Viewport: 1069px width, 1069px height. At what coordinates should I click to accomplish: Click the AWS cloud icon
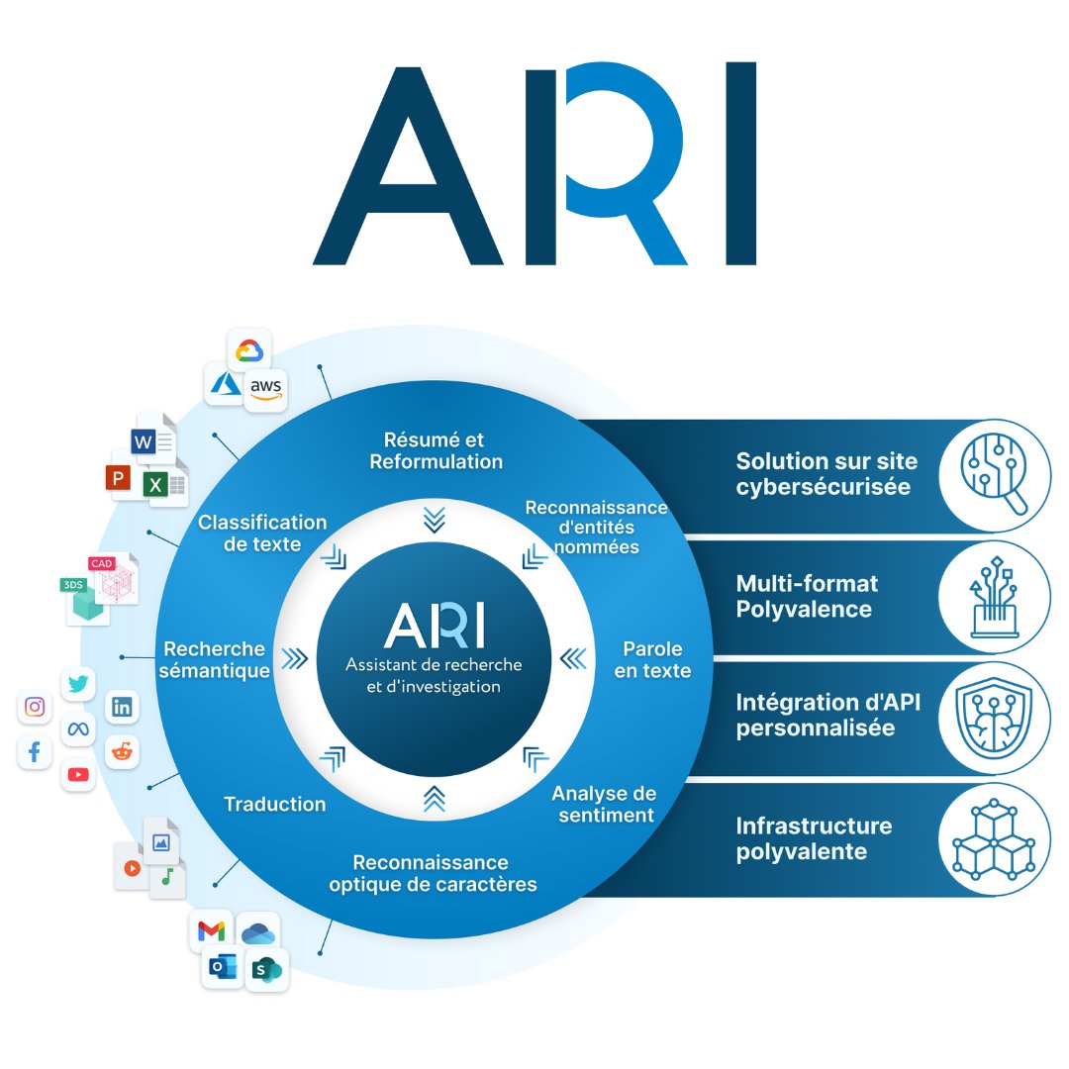(x=265, y=388)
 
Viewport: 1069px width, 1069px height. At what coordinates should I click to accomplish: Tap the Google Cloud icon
(x=248, y=351)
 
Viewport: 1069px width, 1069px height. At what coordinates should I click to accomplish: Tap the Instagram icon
(x=35, y=707)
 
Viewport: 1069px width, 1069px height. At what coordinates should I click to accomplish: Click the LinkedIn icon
(x=122, y=707)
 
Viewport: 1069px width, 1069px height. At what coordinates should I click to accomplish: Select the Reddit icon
(x=122, y=751)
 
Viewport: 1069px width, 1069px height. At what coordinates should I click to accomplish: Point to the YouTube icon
(x=78, y=774)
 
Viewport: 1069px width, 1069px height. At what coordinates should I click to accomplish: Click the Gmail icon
(x=211, y=931)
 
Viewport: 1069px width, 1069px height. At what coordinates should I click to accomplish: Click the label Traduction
(x=275, y=804)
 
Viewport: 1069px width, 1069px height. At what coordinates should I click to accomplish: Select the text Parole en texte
(x=652, y=659)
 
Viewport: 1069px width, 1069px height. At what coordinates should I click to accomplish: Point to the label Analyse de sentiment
(x=605, y=804)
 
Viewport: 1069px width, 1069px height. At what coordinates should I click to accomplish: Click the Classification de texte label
(x=262, y=533)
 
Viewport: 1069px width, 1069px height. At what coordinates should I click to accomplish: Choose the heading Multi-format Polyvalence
(x=807, y=596)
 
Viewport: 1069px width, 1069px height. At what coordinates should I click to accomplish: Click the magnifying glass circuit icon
(x=994, y=474)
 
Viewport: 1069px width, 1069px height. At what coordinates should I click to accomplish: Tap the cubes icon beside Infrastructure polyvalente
(x=994, y=840)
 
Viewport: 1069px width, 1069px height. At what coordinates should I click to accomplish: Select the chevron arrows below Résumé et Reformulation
(x=434, y=519)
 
